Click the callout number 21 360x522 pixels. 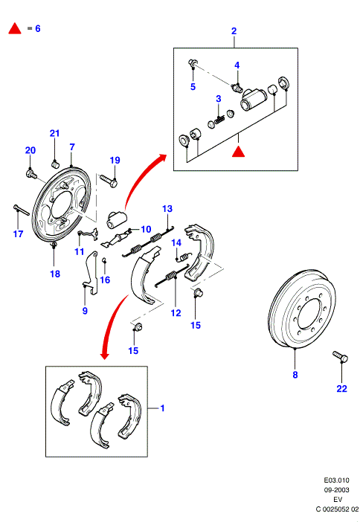pos(54,133)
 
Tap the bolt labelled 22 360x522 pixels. pos(340,356)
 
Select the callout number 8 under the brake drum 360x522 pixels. pos(295,375)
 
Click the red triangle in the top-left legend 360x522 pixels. pos(15,29)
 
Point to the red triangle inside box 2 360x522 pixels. pos(239,152)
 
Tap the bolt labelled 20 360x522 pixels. pos(31,174)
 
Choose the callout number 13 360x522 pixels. pos(167,209)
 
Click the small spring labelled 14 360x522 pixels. pos(185,257)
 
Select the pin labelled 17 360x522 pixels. pos(22,210)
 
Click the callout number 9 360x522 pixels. pos(85,311)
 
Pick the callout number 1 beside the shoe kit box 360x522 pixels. pos(162,407)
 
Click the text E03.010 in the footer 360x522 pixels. pos(337,480)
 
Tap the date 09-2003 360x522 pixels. pos(337,490)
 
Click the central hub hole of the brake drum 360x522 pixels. pos(309,313)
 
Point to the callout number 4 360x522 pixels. pos(237,65)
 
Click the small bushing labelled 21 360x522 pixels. pos(55,164)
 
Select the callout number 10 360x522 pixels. pos(146,229)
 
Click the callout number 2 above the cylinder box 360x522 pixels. pos(234,31)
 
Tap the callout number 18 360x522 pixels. pos(55,274)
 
